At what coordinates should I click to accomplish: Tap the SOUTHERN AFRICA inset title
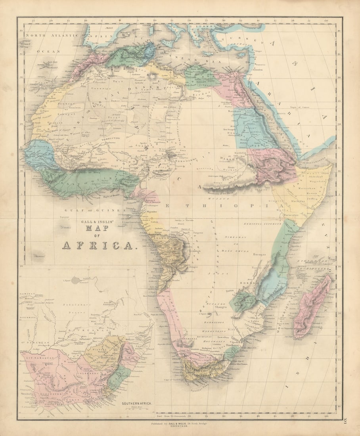137,403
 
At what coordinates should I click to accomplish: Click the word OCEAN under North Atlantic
48,52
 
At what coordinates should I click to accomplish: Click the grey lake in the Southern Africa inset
76,281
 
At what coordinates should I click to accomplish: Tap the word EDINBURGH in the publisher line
180,427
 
